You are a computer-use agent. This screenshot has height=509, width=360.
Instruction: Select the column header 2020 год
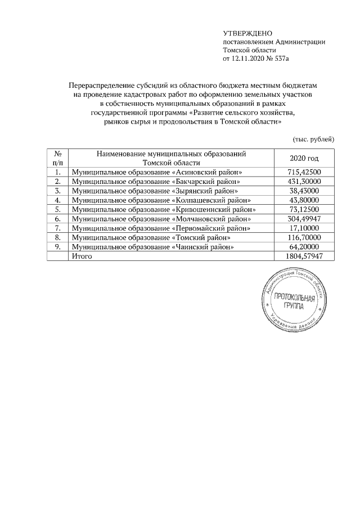304,158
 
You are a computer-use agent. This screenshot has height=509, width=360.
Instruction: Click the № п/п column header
57,158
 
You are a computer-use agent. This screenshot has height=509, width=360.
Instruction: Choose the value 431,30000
304,182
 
